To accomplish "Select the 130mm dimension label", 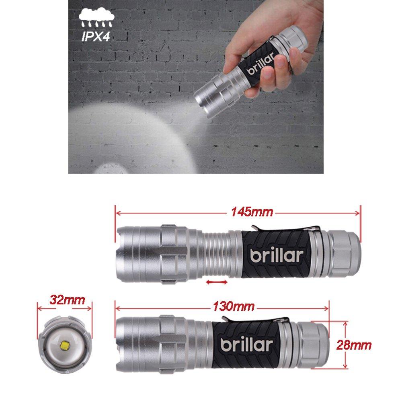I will [x=234, y=306].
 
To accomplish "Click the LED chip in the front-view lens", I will [x=66, y=345].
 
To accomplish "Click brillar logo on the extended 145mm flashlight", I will [x=276, y=255].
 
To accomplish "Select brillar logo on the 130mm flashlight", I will [x=246, y=345].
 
